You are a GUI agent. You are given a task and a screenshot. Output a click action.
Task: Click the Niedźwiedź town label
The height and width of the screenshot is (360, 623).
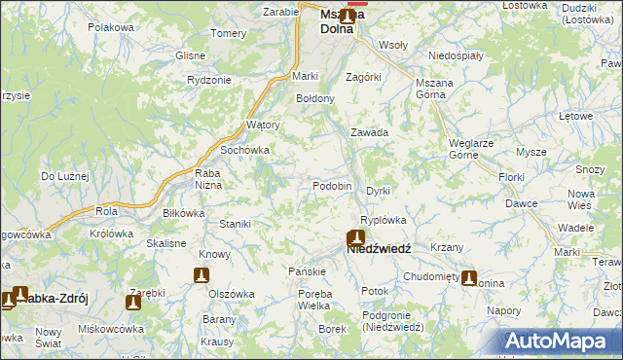point(379,249)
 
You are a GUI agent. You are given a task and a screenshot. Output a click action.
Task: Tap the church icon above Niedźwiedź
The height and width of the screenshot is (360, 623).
point(356,236)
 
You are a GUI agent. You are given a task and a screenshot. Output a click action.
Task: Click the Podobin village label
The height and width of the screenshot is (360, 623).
point(332,186)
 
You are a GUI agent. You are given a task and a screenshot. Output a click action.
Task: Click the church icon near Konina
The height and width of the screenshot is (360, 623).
point(469,278)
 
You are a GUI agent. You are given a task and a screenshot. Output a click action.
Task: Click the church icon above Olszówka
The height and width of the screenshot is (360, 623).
point(202,275)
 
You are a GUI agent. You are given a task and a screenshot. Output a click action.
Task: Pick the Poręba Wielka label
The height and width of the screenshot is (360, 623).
point(314,300)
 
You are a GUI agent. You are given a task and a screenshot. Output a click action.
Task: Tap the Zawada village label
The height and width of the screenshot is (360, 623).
point(370,132)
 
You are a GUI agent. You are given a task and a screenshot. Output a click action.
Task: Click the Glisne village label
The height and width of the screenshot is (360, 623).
point(190,55)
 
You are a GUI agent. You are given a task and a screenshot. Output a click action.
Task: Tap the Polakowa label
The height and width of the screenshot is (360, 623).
point(110,27)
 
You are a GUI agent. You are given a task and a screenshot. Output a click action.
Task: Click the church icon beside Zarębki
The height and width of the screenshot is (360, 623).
point(133,303)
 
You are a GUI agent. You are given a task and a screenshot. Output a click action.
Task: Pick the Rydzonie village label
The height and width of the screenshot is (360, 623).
point(208,80)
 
